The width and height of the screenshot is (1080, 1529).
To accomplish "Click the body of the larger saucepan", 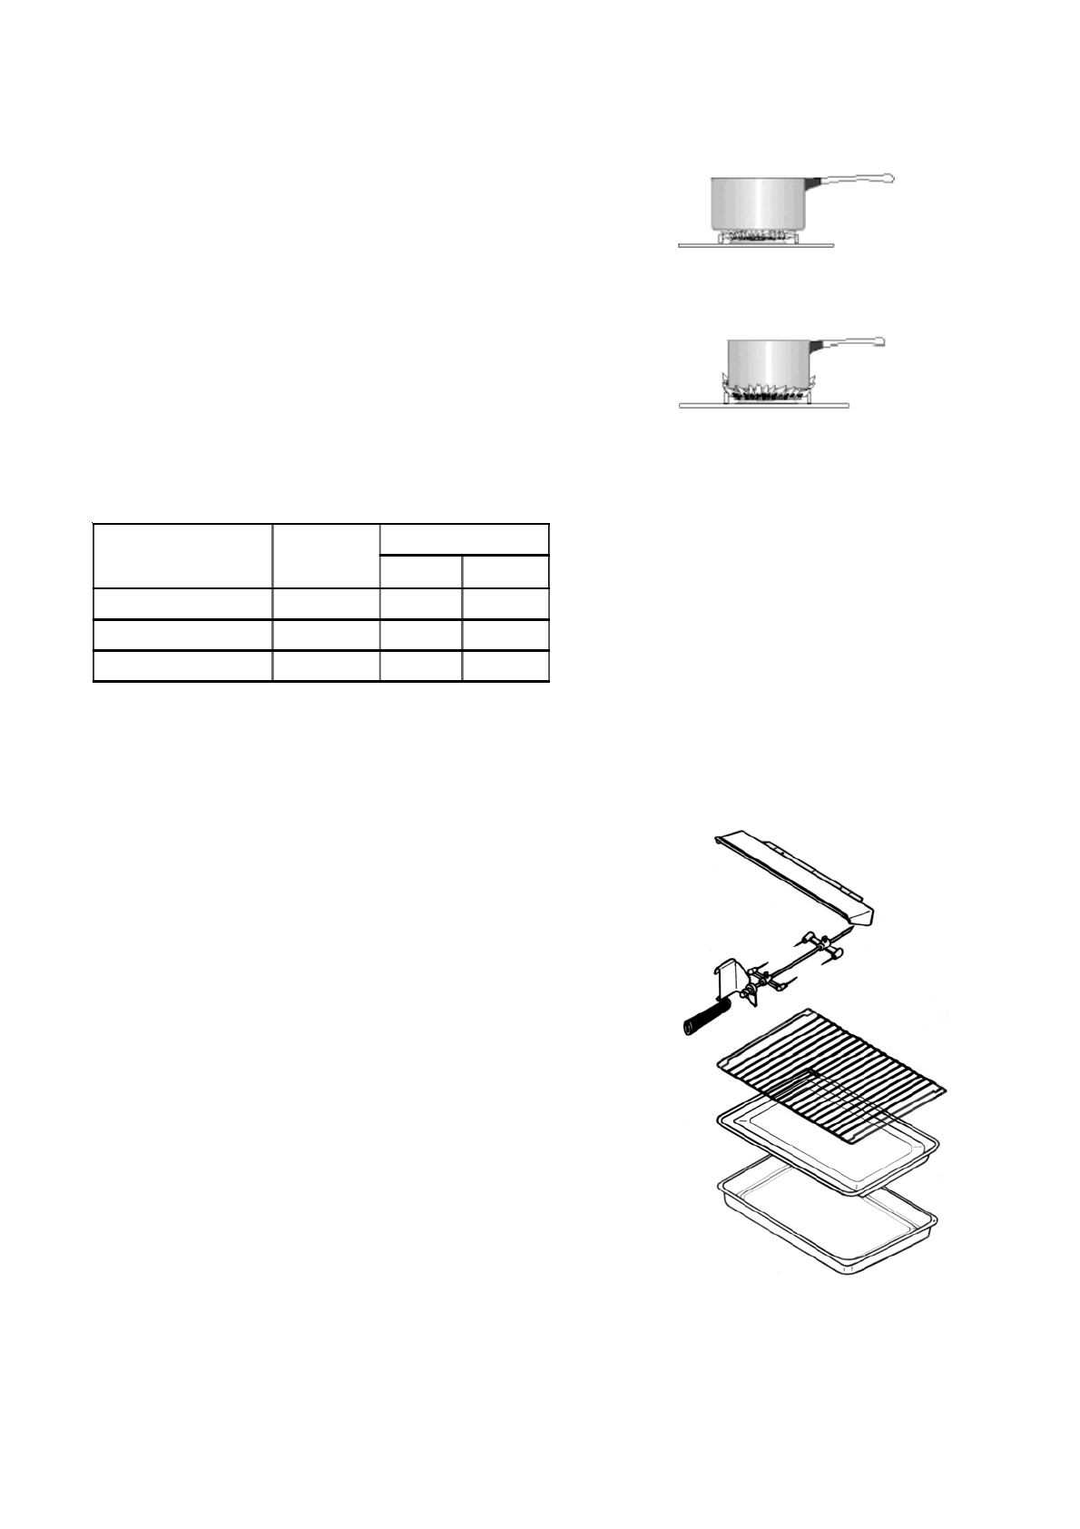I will (x=757, y=203).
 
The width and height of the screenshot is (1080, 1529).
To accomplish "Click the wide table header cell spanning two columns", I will (x=464, y=538).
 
